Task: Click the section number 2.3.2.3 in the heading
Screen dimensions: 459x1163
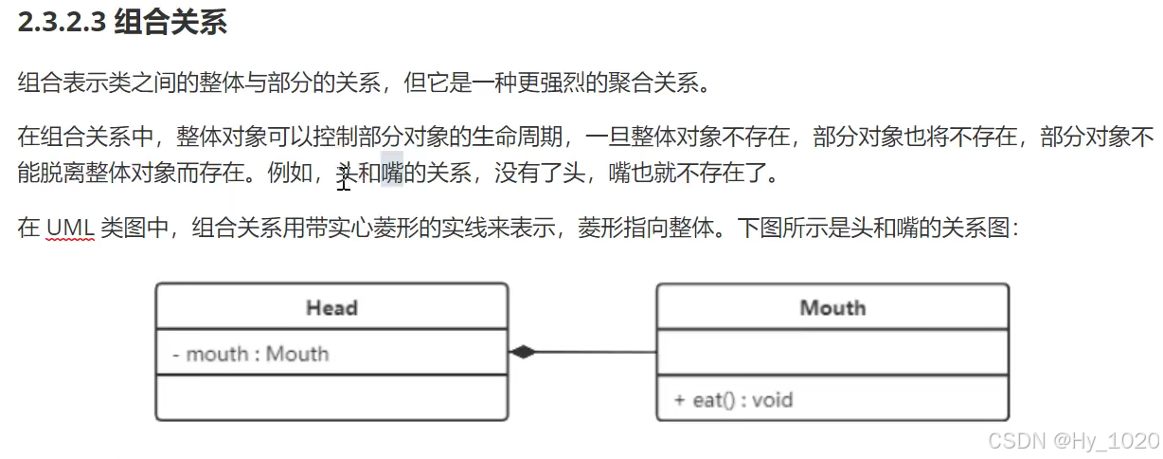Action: point(61,23)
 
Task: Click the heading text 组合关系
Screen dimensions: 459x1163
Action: point(170,23)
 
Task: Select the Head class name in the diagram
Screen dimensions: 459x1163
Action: point(331,307)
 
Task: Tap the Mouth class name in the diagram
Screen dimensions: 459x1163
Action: point(832,307)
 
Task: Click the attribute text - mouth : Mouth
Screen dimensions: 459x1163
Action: point(251,354)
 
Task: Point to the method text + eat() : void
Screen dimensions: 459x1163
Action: point(733,399)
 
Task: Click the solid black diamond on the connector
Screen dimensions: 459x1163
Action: point(522,352)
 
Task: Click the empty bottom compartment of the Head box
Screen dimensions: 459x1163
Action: point(331,397)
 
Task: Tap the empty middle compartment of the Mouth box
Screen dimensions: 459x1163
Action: point(832,353)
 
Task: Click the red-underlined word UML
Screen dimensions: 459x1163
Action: point(69,229)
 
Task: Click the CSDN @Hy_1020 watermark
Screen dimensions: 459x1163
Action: point(1073,440)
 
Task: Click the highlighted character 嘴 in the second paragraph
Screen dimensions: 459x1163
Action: point(392,174)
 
